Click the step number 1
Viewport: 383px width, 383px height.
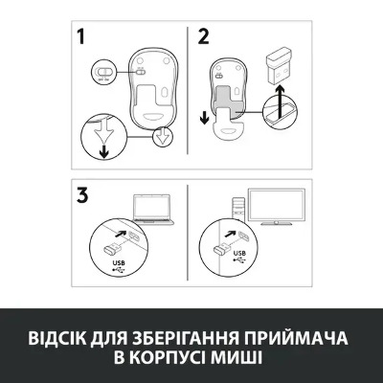(x=81, y=36)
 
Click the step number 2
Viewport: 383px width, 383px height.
(x=204, y=36)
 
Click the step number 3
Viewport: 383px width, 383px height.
(x=82, y=194)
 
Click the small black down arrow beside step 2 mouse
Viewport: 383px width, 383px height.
(x=204, y=118)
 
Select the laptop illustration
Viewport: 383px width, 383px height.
(x=152, y=209)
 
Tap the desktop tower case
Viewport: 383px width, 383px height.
(x=238, y=209)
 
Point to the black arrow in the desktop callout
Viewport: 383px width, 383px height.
(x=230, y=234)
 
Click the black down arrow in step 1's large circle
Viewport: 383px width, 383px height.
(x=103, y=151)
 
